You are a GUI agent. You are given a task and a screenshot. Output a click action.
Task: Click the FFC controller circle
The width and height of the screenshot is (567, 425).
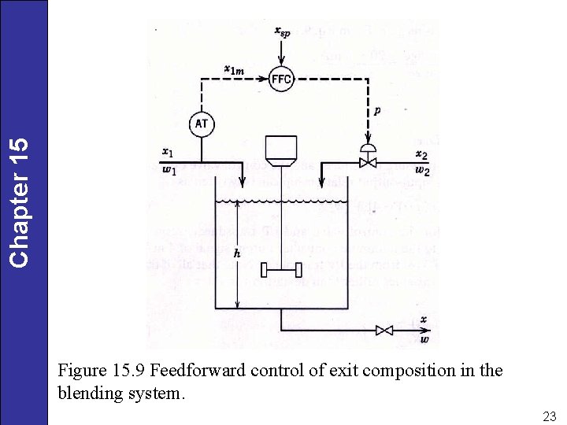(281, 79)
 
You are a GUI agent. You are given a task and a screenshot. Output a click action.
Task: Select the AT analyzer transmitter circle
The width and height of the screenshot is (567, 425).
(202, 124)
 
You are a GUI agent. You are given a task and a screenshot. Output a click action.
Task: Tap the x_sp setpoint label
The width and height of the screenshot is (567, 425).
(281, 31)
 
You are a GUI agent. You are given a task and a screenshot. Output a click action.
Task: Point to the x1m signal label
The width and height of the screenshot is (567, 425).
(234, 70)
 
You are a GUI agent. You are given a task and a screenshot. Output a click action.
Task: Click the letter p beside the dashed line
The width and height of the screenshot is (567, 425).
(377, 112)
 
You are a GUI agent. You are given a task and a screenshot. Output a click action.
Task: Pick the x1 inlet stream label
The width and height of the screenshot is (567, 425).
(166, 151)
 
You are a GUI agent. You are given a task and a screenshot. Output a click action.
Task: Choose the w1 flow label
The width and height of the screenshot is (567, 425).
(169, 171)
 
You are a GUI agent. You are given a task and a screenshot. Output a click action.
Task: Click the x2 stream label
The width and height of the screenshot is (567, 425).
(421, 153)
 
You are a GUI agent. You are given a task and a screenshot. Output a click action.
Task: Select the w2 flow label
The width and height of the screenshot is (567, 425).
(422, 171)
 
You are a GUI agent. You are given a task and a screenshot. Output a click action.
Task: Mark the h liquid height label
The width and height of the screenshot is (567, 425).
(238, 253)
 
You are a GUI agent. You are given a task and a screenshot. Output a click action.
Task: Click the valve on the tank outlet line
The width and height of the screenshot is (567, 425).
(384, 331)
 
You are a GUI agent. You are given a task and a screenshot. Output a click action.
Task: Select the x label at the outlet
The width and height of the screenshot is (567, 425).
(424, 320)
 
